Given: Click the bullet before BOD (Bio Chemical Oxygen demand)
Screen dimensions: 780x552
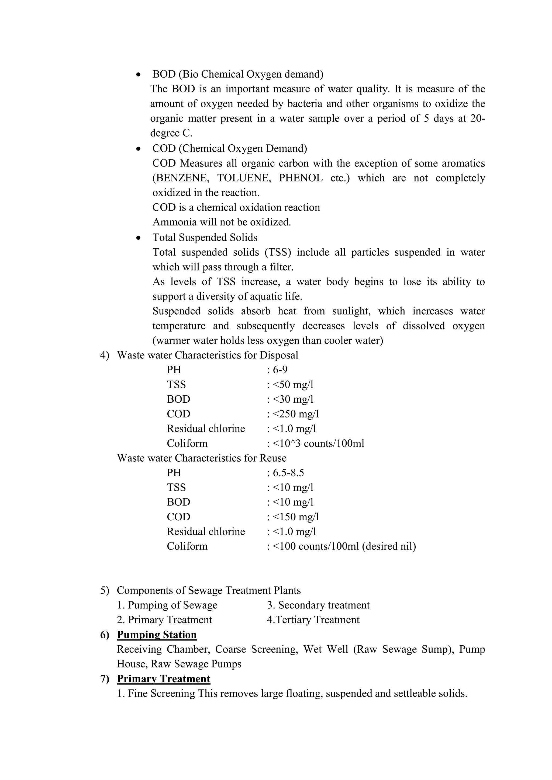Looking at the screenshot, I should (138, 75).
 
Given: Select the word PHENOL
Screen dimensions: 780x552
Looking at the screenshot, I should (301, 178).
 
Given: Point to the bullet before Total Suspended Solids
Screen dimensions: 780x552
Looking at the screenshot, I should (138, 238).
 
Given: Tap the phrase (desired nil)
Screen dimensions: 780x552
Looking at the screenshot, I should (389, 546).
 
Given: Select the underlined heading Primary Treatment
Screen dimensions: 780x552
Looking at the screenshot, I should (164, 679).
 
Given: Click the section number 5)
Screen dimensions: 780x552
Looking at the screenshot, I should (104, 590).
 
